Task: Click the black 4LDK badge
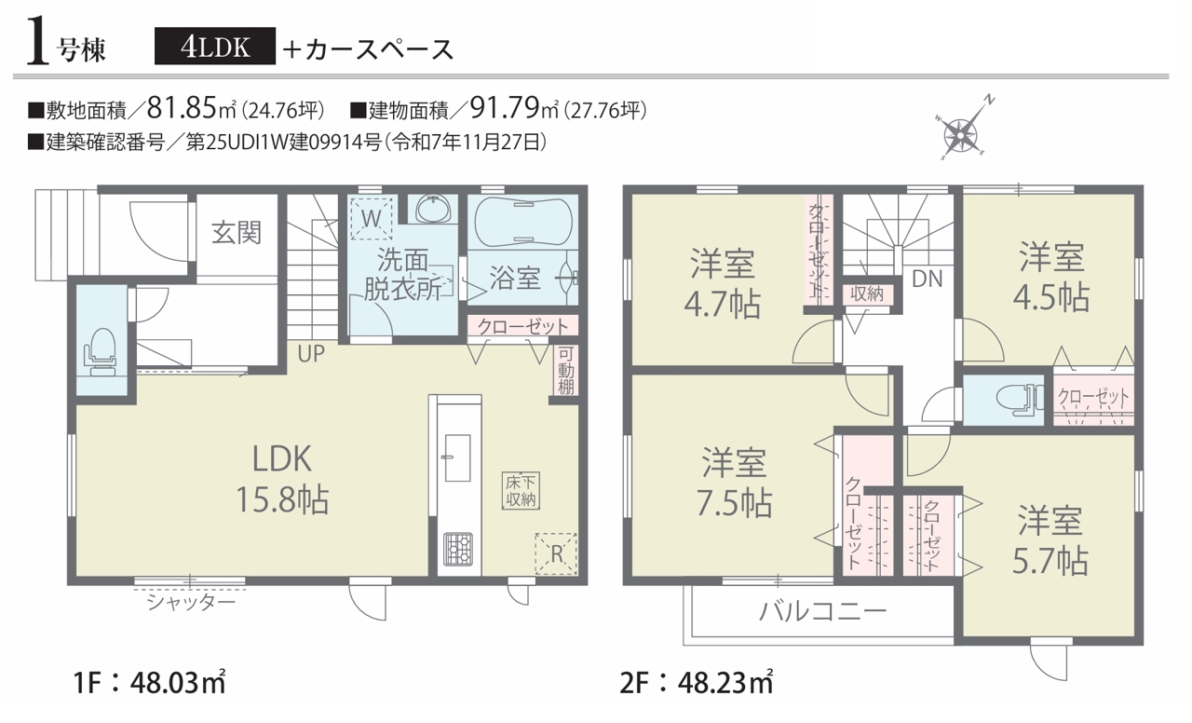pyautogui.click(x=215, y=47)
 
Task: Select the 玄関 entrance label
pyautogui.click(x=237, y=233)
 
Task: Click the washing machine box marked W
pyautogui.click(x=371, y=219)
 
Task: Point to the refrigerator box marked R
pyautogui.click(x=556, y=554)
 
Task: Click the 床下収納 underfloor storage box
pyautogui.click(x=521, y=490)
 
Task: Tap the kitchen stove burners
pyautogui.click(x=457, y=550)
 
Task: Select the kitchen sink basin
pyautogui.click(x=457, y=457)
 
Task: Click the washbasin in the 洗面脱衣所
pyautogui.click(x=433, y=209)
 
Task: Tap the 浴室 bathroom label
pyautogui.click(x=515, y=279)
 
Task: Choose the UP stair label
pyautogui.click(x=311, y=353)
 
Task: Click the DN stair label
pyautogui.click(x=927, y=279)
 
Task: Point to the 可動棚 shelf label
pyautogui.click(x=565, y=370)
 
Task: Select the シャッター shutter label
pyautogui.click(x=191, y=602)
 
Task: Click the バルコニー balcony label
pyautogui.click(x=822, y=611)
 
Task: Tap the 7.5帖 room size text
pyautogui.click(x=735, y=503)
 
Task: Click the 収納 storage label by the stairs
pyautogui.click(x=867, y=293)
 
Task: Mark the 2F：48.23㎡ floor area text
pyautogui.click(x=697, y=682)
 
